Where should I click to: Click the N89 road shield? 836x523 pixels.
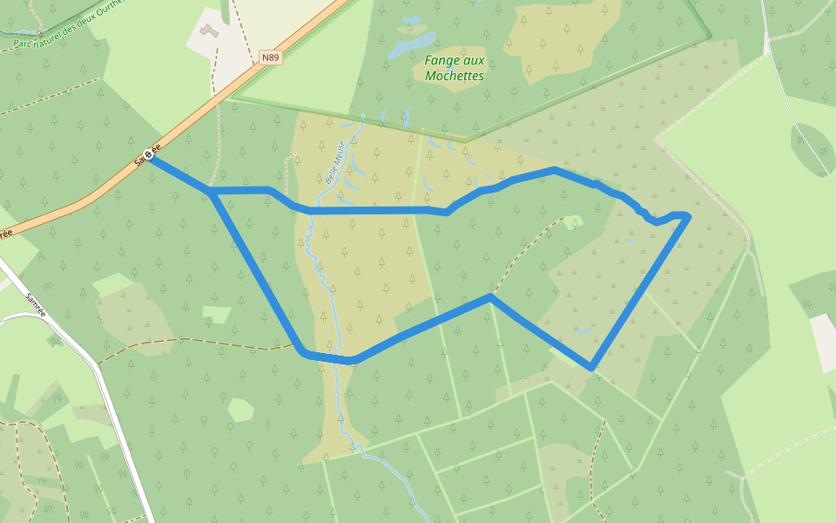(271, 58)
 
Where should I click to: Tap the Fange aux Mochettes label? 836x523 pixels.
(454, 68)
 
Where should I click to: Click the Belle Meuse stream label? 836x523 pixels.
(335, 161)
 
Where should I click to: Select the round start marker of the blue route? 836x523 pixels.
(149, 156)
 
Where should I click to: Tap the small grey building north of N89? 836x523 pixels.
(206, 31)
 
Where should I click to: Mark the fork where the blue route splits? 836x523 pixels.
(211, 191)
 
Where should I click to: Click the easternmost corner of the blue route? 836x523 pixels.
(689, 214)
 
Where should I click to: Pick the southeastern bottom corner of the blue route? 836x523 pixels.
(592, 368)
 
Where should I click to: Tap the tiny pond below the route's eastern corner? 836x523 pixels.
(630, 241)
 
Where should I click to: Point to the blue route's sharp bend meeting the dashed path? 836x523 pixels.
(491, 296)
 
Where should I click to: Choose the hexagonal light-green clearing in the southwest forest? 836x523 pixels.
(240, 410)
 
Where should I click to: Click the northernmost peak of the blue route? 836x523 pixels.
(555, 169)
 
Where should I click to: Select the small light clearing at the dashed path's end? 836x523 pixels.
(571, 221)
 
